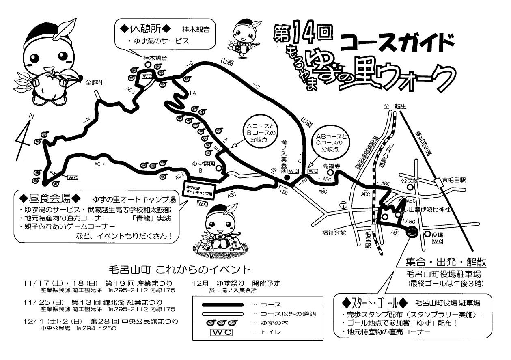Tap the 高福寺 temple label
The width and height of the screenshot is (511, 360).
tap(331, 166)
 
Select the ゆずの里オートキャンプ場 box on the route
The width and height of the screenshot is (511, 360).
tap(198, 190)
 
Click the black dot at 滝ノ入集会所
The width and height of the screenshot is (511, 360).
tap(287, 177)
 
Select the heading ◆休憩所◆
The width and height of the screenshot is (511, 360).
tap(144, 29)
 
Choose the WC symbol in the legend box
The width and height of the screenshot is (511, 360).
tap(222, 332)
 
